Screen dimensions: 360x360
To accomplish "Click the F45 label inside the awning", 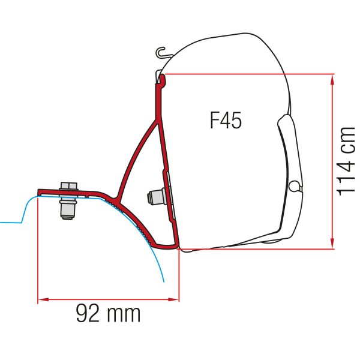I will [x=226, y=121].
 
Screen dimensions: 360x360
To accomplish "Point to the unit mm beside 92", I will [x=124, y=313].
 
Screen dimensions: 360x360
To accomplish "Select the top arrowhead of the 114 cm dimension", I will [x=332, y=77].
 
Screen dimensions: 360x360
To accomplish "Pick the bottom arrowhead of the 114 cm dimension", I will [x=332, y=244].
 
